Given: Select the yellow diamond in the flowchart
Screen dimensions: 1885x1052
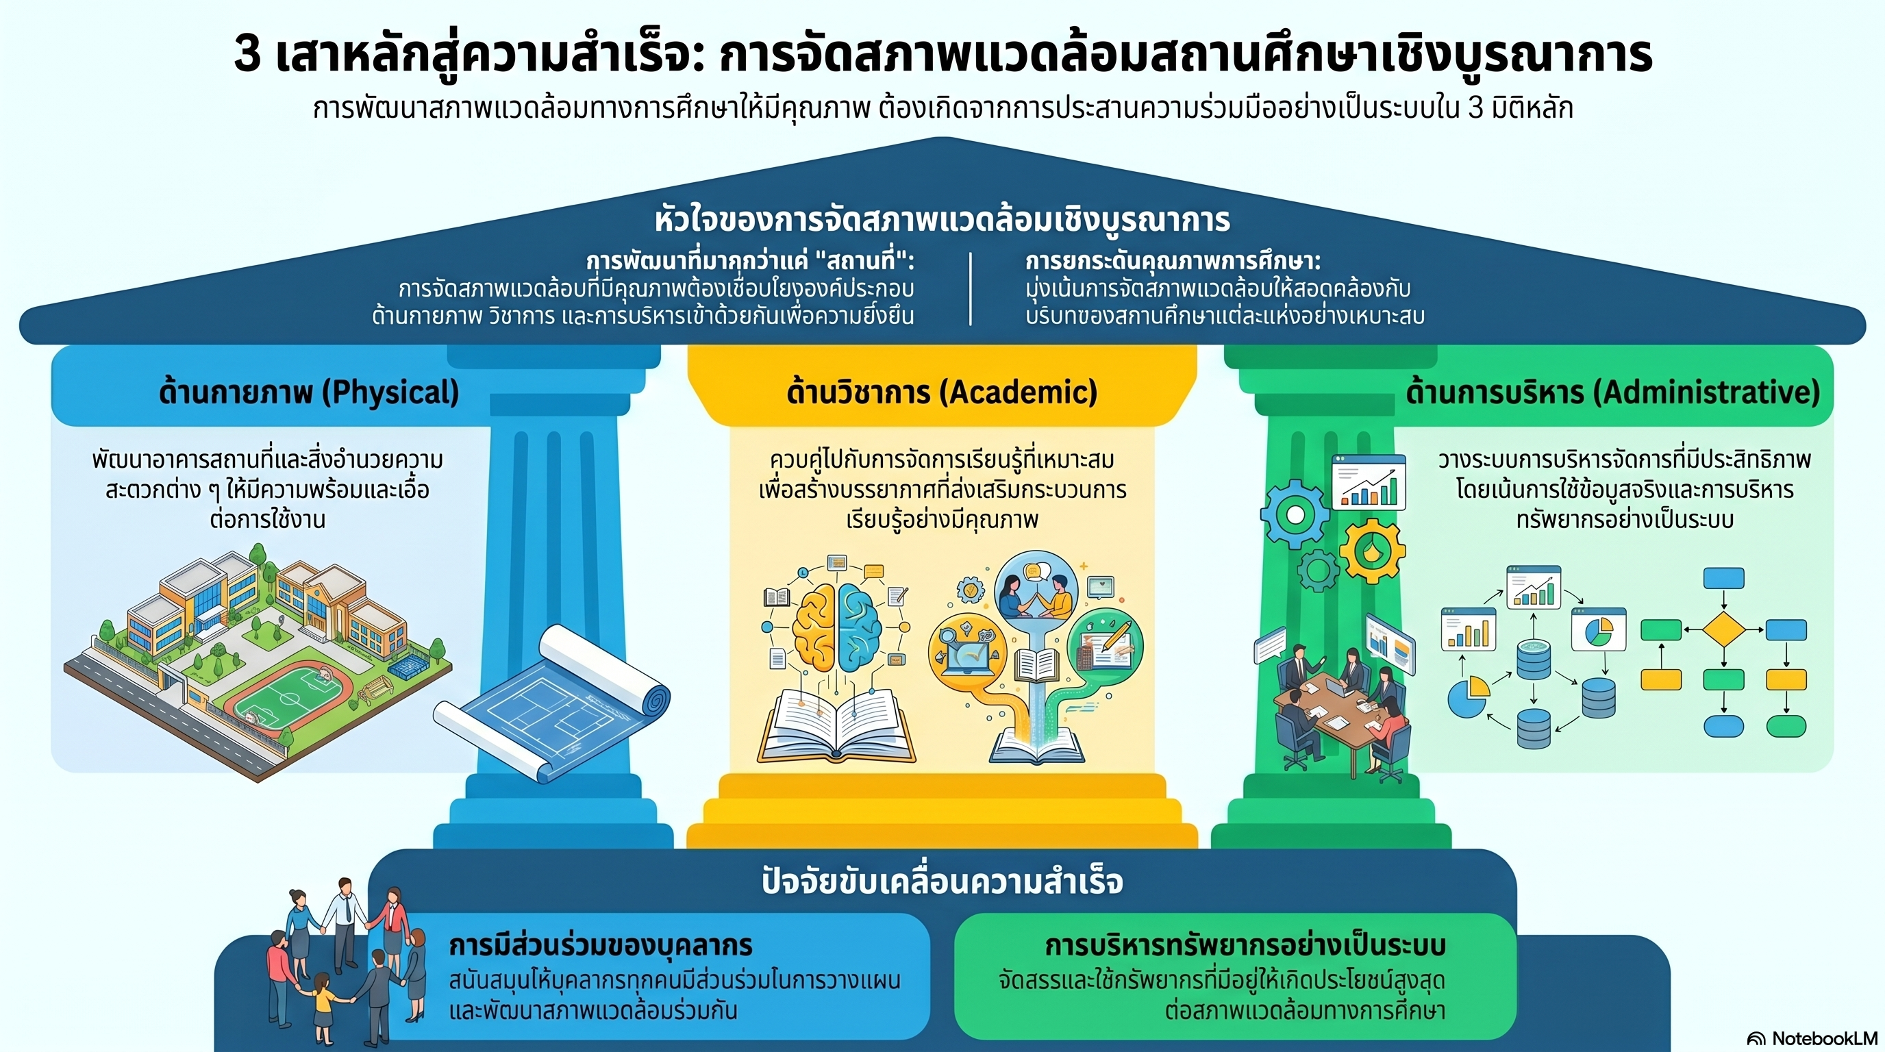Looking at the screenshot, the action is [1723, 630].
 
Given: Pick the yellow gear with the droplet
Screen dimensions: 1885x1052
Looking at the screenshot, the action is [1371, 551].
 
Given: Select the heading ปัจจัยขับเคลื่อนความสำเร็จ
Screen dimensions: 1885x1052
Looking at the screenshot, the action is [942, 881].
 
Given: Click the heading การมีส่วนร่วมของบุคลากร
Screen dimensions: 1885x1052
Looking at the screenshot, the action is [601, 945].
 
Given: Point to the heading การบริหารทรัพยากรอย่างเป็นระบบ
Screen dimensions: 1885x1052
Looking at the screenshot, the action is [1245, 945].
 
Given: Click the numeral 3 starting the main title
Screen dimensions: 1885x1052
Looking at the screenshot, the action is [247, 54].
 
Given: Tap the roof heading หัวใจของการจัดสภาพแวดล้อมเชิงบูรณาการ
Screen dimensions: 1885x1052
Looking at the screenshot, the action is [942, 219].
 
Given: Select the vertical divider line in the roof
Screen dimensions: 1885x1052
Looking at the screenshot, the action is [971, 288].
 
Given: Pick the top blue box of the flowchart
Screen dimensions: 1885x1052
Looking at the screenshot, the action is [1723, 579].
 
